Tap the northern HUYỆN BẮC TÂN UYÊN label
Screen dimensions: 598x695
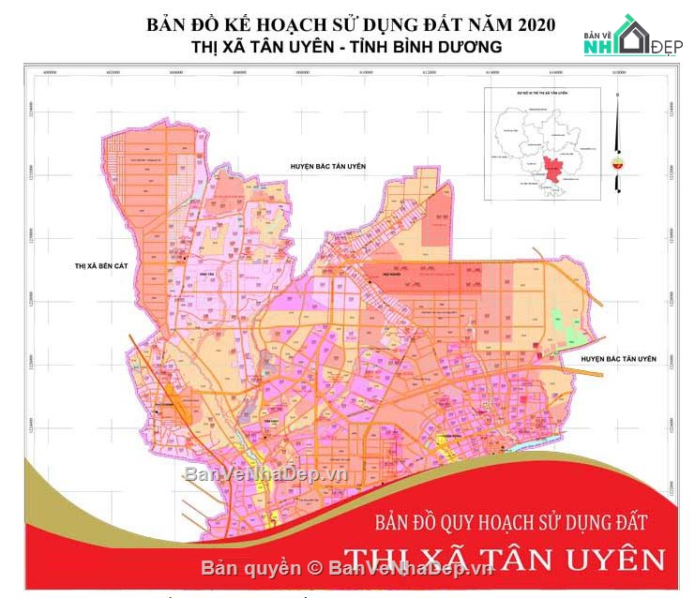pyautogui.click(x=327, y=166)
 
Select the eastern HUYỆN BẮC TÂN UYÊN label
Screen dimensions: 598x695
pyautogui.click(x=620, y=359)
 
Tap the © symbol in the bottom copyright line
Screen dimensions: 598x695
pyautogui.click(x=315, y=568)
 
